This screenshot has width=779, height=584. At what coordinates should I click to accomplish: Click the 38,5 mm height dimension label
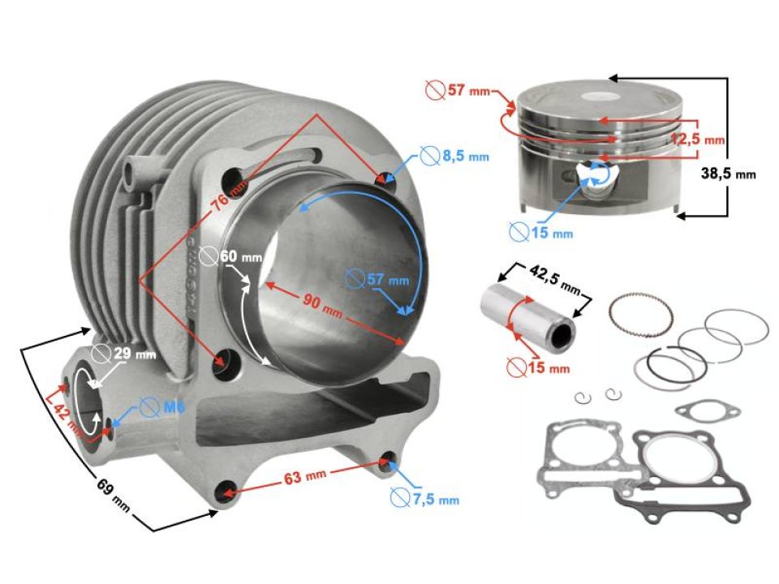pyautogui.click(x=727, y=174)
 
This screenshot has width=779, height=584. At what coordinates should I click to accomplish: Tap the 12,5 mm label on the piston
pyautogui.click(x=697, y=139)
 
